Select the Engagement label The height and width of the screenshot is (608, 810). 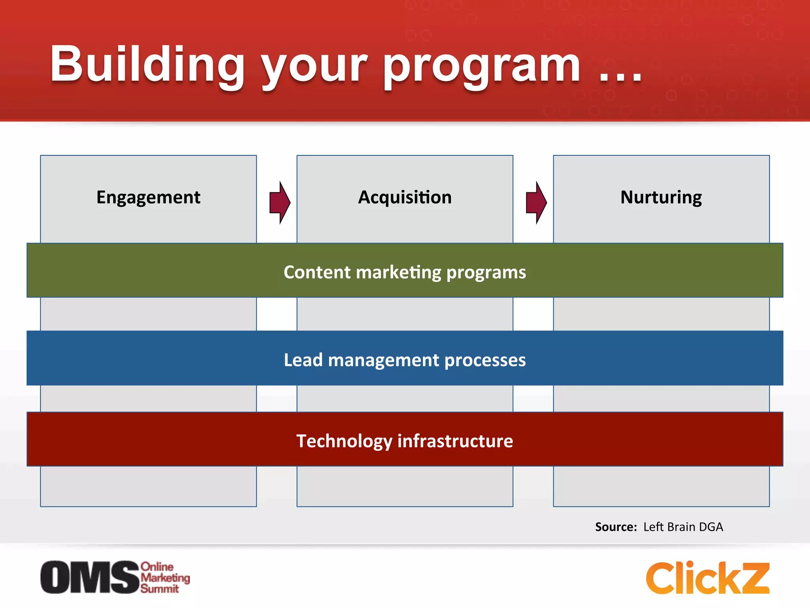148,197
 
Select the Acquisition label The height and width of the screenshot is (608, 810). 405,197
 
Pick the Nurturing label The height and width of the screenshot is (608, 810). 661,197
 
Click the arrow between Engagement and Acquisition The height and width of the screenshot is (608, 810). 280,203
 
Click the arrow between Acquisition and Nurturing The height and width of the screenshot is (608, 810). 536,203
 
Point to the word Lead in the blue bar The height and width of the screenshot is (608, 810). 303,360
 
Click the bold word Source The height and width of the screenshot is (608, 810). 615,527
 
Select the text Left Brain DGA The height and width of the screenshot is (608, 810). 683,527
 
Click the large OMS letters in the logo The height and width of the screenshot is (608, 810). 90,577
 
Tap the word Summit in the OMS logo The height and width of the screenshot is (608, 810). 160,589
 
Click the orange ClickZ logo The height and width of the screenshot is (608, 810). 707,578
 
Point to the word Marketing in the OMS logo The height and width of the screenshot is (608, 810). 165,578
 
